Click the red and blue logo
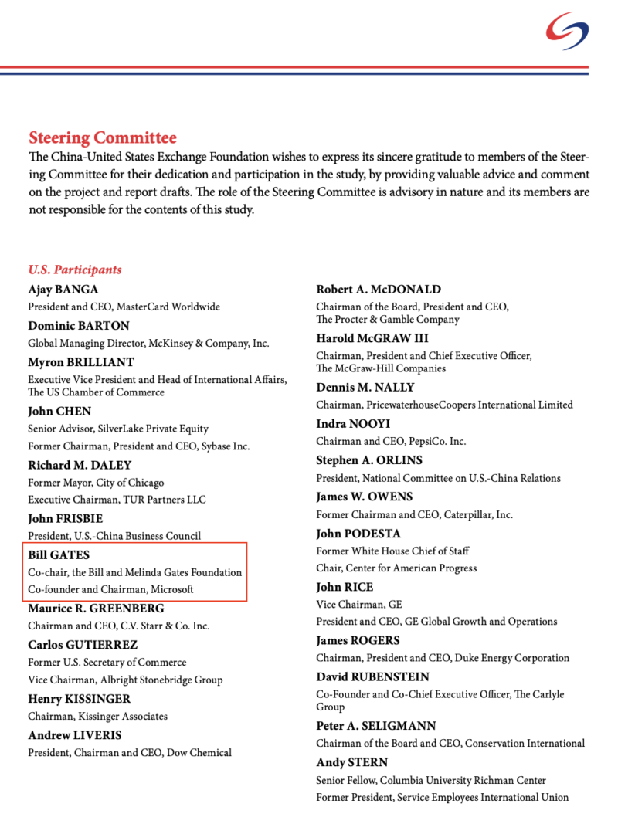point(567,31)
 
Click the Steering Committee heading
point(102,138)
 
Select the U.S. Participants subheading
point(75,270)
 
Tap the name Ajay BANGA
point(63,290)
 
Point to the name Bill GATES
point(59,554)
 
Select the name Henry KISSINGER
point(80,699)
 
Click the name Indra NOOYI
point(353,424)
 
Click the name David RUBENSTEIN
point(373,676)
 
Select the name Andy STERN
point(352,762)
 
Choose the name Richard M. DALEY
point(80,465)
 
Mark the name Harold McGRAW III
point(372,338)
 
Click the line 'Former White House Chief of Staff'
point(392,551)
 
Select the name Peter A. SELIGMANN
point(376,726)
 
